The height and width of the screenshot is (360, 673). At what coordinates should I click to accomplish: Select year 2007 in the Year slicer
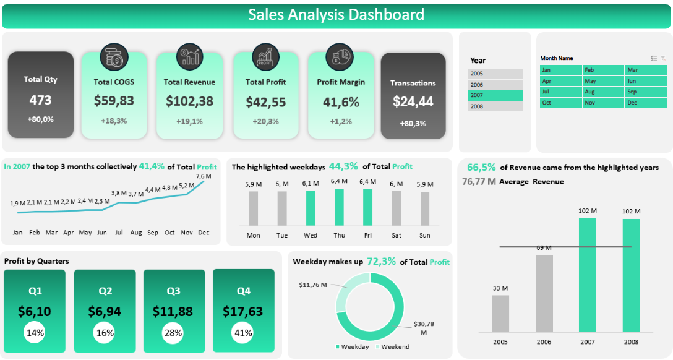(495, 95)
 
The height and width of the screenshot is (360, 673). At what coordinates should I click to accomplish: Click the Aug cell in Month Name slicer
(603, 92)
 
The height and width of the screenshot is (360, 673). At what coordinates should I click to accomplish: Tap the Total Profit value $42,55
(265, 101)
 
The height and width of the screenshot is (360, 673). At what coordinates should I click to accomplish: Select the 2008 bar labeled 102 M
(631, 275)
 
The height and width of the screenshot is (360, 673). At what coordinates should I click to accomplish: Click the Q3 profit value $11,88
(173, 311)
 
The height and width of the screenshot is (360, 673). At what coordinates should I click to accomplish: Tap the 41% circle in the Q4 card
(243, 333)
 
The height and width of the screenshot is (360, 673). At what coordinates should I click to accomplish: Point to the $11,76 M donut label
(313, 285)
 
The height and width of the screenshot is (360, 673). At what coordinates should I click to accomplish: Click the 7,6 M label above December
(204, 176)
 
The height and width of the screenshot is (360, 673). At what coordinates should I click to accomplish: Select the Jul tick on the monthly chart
(119, 233)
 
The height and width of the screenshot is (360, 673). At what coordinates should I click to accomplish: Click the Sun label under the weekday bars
(424, 235)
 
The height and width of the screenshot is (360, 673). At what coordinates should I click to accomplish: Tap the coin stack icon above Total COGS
(113, 57)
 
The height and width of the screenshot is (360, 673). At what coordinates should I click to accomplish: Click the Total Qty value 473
(41, 100)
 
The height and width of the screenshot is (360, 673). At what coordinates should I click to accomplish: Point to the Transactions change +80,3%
(413, 124)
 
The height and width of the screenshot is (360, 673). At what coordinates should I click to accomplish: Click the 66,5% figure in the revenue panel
(481, 167)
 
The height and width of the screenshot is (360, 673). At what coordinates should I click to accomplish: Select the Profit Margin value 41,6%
(341, 102)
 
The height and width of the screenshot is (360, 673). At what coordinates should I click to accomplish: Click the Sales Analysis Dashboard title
(336, 15)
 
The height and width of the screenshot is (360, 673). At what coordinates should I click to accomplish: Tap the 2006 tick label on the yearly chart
(544, 341)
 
